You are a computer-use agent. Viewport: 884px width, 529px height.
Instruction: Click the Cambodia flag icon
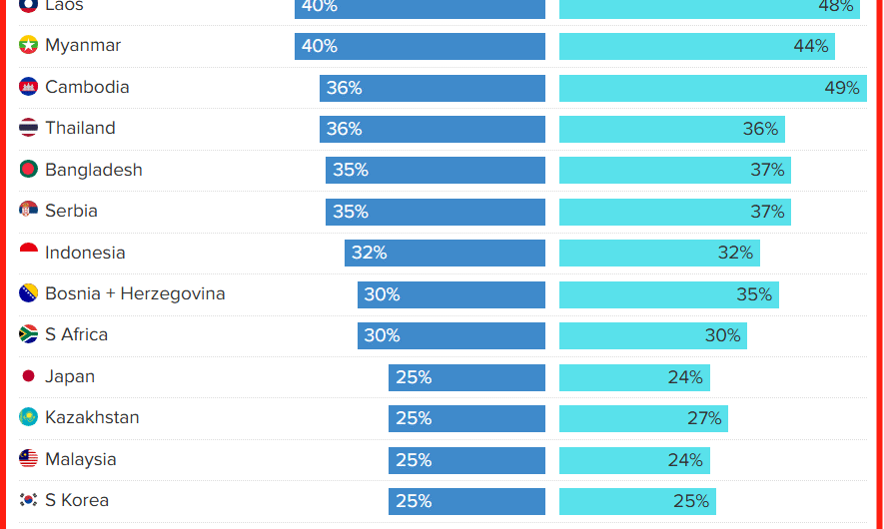coord(28,87)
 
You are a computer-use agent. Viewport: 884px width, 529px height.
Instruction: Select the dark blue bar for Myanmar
coord(420,46)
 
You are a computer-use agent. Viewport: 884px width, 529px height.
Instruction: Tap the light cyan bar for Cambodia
coord(712,88)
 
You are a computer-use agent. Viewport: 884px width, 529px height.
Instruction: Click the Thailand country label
coord(80,128)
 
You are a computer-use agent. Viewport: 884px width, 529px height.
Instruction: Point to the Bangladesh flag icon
coord(28,170)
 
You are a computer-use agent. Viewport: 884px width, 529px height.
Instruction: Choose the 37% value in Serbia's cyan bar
coord(767,212)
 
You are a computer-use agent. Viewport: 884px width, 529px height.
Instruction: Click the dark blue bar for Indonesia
coord(444,253)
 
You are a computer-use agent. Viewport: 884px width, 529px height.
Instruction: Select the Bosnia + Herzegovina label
coord(135,293)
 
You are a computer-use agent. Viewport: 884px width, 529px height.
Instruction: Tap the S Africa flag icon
coord(28,334)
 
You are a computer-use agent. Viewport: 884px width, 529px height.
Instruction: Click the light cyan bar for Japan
coord(634,377)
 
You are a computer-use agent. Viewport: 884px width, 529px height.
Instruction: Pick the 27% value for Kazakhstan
coord(704,418)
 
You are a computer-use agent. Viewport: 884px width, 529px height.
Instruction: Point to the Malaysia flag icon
coord(28,459)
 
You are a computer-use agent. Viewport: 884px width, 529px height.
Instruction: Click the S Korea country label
coord(77,500)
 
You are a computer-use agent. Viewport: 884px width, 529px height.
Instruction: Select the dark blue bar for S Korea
coord(466,501)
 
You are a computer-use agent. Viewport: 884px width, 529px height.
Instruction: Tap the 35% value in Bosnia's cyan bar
coord(754,294)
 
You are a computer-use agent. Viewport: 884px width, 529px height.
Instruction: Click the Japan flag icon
coord(28,376)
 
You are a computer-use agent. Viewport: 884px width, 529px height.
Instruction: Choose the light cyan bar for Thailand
coord(671,129)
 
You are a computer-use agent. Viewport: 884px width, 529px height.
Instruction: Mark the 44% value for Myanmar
coord(811,46)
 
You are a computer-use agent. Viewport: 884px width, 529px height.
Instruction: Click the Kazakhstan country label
coord(92,417)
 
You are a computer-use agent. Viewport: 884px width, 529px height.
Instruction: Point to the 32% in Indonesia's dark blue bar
coord(369,253)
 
